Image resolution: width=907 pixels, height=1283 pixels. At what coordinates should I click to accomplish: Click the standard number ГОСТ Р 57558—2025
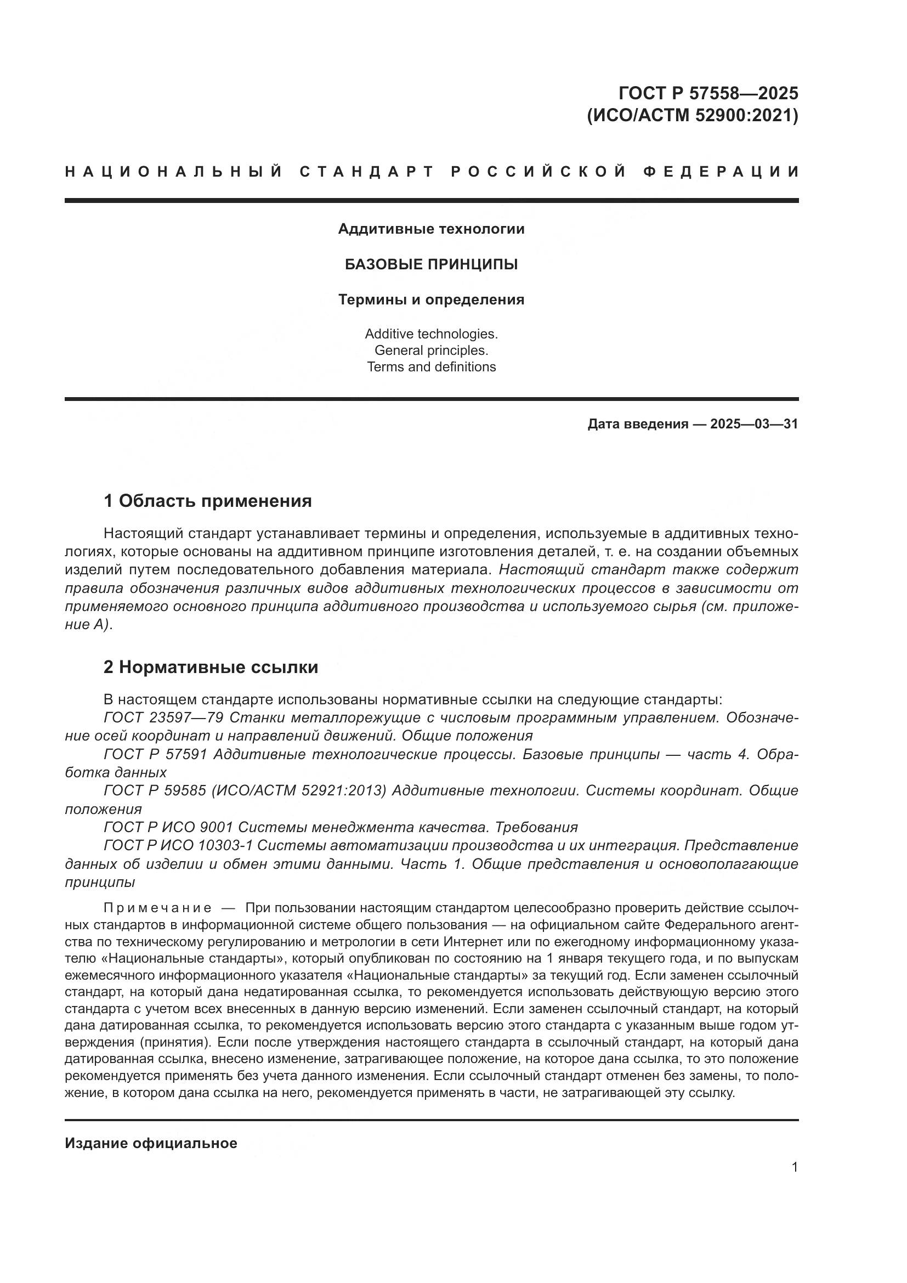coord(708,92)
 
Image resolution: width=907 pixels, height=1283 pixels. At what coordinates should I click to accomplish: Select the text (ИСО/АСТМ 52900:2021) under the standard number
coord(693,116)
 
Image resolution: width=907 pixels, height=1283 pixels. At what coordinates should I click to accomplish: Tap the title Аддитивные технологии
coord(431,229)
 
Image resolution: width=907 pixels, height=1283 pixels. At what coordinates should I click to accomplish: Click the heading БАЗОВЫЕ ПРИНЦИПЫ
coord(431,264)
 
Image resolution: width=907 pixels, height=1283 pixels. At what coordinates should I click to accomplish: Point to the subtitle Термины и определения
coord(431,300)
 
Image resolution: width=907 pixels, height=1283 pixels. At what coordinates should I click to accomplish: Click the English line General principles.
coord(431,351)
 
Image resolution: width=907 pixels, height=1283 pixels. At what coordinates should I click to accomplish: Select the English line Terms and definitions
coord(431,367)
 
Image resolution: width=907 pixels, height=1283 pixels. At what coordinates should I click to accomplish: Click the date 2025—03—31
coord(754,424)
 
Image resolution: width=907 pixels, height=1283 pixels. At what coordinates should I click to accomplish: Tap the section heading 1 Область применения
coord(208,501)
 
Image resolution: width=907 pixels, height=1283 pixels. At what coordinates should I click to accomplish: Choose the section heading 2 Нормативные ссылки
coord(211,667)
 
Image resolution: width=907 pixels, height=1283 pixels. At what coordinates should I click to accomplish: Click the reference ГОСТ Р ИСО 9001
coord(168,827)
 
